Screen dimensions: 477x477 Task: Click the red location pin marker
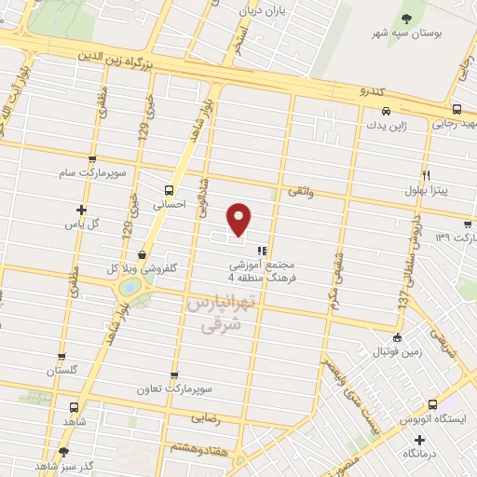coord(240,218)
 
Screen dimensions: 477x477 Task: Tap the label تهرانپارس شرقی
coord(221,315)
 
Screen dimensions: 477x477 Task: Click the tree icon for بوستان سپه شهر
coord(406,18)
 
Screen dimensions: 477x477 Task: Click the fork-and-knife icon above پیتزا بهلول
coord(426,174)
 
